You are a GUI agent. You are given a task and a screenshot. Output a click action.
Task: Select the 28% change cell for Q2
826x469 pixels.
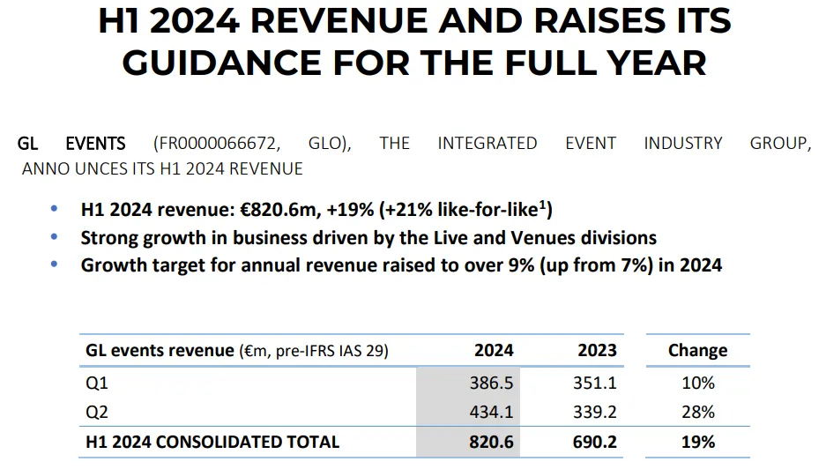click(697, 413)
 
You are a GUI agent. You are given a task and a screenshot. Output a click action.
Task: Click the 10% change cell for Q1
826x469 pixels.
click(697, 383)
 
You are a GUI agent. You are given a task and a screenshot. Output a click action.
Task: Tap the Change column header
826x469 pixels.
click(697, 350)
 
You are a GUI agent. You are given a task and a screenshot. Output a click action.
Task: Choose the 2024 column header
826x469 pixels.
click(494, 350)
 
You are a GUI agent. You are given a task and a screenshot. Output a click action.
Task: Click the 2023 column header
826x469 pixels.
click(597, 350)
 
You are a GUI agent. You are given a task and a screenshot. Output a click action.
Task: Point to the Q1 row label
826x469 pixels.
click(96, 383)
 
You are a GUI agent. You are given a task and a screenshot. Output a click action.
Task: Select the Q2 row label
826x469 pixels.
click(96, 413)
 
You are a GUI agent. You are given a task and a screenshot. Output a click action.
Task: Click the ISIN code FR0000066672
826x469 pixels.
click(220, 144)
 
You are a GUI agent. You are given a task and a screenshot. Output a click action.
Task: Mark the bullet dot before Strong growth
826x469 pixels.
click(55, 237)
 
